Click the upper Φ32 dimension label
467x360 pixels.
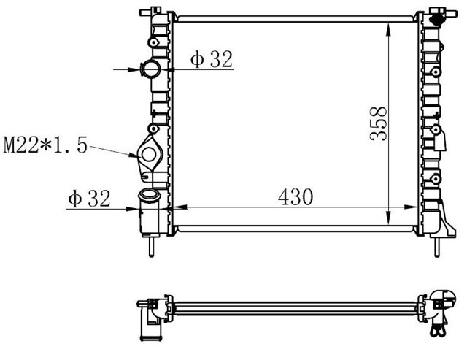tap(212, 60)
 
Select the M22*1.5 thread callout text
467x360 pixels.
tap(45, 145)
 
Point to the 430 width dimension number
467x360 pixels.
tap(296, 196)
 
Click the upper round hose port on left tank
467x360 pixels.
tap(152, 70)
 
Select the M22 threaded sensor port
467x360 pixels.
tap(150, 155)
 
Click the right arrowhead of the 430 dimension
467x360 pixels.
tap(416, 208)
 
